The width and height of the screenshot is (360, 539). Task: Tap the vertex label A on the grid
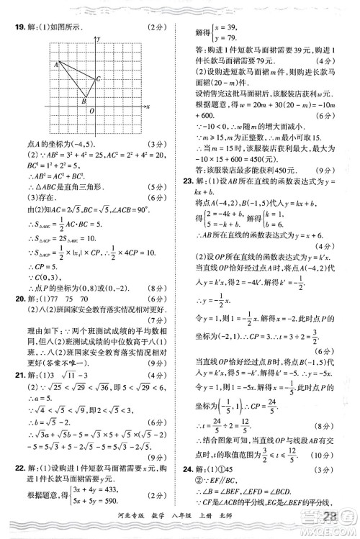tap(55, 65)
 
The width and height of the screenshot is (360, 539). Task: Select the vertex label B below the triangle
tap(83, 102)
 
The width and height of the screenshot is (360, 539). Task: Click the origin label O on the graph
tap(91, 111)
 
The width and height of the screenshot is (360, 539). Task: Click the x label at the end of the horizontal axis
tap(147, 106)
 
